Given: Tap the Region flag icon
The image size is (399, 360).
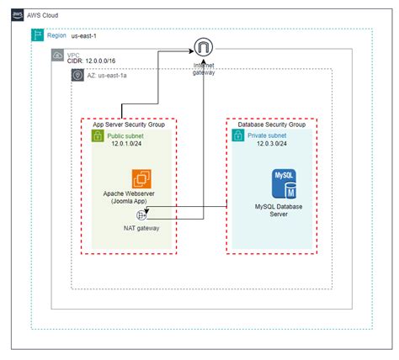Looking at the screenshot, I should [37, 35].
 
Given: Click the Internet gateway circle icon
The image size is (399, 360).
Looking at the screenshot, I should [203, 49].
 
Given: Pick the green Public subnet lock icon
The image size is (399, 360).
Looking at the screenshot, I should [97, 135].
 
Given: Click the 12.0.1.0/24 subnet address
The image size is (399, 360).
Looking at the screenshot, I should [128, 144].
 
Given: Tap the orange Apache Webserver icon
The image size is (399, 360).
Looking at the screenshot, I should [141, 179].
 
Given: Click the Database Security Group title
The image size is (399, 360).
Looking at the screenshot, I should [270, 124].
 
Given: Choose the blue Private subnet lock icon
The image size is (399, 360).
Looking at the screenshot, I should [238, 135].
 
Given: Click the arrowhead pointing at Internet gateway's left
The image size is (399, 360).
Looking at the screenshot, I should [189, 51].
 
